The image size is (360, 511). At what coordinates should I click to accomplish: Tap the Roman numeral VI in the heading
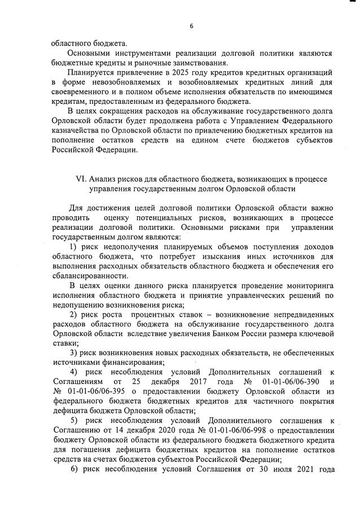coord(81,179)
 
